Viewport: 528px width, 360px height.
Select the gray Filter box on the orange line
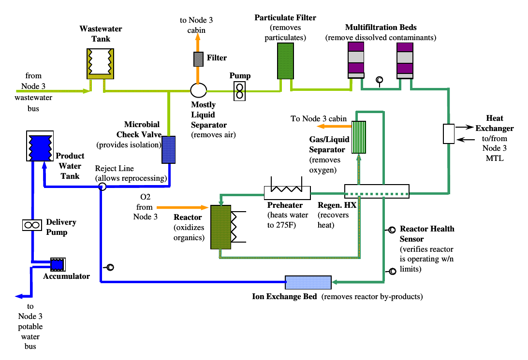(x=198, y=58)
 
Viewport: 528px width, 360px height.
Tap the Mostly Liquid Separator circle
(x=198, y=90)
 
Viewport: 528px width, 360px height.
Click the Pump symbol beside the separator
(x=240, y=91)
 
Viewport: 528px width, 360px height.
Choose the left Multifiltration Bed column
(x=356, y=60)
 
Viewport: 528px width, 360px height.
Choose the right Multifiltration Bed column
(x=405, y=60)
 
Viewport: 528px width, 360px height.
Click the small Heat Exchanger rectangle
(x=449, y=134)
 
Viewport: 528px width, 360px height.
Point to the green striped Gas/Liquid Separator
(x=359, y=136)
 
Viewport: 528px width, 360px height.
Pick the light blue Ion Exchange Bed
(x=308, y=282)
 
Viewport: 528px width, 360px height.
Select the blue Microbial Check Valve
(x=168, y=150)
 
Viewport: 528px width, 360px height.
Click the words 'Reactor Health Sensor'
(x=427, y=234)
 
